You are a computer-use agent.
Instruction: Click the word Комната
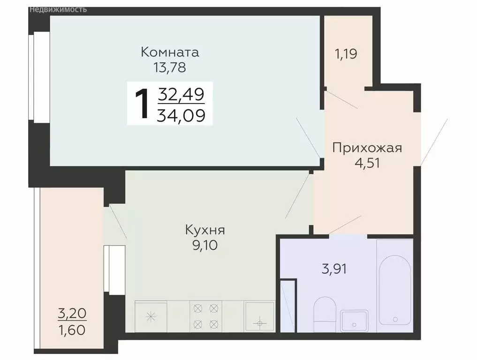(170, 52)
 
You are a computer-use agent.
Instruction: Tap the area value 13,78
(170, 67)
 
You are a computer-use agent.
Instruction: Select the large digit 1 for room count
(142, 103)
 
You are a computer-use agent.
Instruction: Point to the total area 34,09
(181, 114)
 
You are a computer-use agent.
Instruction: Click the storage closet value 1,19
(346, 53)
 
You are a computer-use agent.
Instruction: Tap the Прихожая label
(367, 148)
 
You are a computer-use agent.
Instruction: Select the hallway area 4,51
(367, 164)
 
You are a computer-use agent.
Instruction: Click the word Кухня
(205, 230)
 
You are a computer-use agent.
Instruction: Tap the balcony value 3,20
(72, 312)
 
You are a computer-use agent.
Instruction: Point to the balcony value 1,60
(72, 330)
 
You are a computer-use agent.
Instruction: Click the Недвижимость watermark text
(58, 9)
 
